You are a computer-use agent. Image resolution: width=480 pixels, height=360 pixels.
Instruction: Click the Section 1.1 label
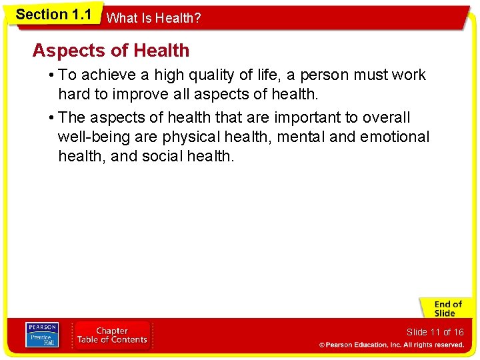(x=53, y=15)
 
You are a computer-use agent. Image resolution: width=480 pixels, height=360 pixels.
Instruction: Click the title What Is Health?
(x=153, y=19)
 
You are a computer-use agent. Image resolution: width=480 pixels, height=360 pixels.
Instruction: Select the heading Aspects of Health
(x=111, y=51)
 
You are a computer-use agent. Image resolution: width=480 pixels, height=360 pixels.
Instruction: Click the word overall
(x=387, y=118)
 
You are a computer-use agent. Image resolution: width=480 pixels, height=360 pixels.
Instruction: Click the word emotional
(x=395, y=137)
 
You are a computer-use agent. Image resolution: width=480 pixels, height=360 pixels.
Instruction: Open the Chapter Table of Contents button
(x=111, y=335)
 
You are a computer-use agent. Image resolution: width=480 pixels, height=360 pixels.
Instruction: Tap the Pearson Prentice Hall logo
(x=41, y=335)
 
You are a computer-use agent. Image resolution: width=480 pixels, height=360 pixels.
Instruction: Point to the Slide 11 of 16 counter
(x=435, y=332)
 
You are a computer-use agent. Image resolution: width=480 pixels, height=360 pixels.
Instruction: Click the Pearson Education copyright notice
(x=391, y=345)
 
